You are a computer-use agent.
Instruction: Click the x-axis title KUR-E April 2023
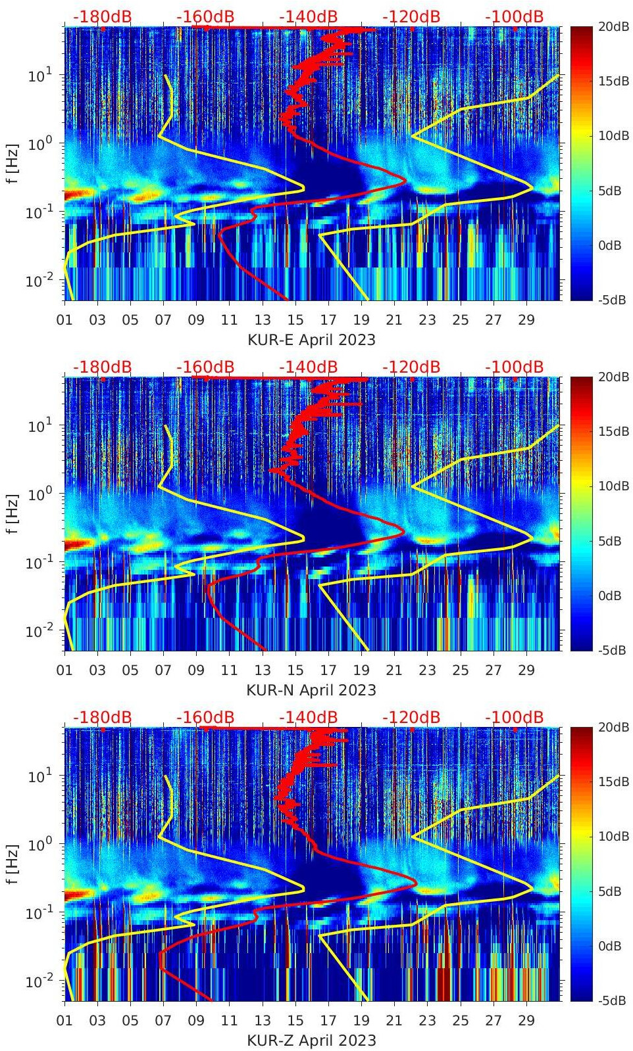click(x=311, y=340)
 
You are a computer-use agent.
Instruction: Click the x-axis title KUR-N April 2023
click(x=311, y=690)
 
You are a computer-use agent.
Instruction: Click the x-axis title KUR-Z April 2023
click(x=311, y=1040)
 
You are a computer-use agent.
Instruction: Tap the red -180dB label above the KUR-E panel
click(x=102, y=16)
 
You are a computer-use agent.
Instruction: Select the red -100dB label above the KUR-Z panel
click(x=514, y=717)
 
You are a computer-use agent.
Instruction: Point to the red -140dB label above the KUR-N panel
click(x=308, y=367)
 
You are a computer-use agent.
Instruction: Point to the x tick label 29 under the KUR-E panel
click(x=526, y=320)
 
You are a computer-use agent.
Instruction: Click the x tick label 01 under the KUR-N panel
click(x=64, y=670)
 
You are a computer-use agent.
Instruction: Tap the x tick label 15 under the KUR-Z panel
click(x=295, y=1021)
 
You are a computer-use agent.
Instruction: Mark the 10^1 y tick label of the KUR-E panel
click(x=38, y=76)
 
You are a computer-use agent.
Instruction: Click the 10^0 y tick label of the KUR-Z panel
click(x=38, y=845)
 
